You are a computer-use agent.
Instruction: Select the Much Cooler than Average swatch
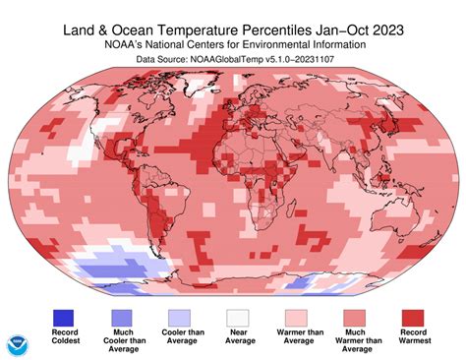[x=124, y=316]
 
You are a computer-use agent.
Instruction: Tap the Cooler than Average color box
[x=180, y=316]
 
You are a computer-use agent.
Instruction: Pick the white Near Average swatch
[x=236, y=316]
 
